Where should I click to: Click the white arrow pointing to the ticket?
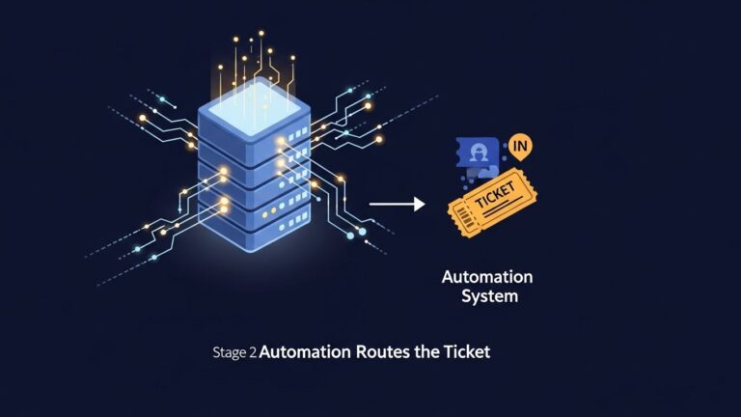click(x=397, y=204)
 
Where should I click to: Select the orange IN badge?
click(x=520, y=147)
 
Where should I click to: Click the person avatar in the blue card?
click(x=477, y=153)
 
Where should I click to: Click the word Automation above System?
click(x=486, y=277)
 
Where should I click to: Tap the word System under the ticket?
click(x=486, y=296)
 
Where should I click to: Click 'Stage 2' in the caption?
click(x=233, y=352)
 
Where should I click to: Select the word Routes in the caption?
click(x=385, y=352)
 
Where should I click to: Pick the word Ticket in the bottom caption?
click(x=468, y=352)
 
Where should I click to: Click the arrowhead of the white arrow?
click(x=419, y=204)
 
